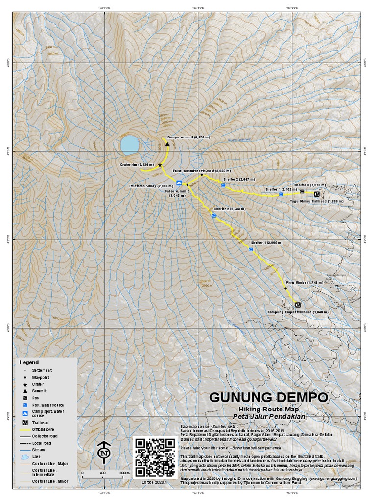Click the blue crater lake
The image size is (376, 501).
pyautogui.click(x=130, y=145)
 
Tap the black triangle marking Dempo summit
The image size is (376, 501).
pyautogui.click(x=167, y=144)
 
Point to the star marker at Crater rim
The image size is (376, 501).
pyautogui.click(x=160, y=165)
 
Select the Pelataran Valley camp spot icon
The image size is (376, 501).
pyautogui.click(x=179, y=183)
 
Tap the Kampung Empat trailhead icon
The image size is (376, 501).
pyautogui.click(x=298, y=305)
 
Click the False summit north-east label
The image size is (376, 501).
pyautogui.click(x=196, y=170)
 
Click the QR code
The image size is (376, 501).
pyautogui.click(x=154, y=456)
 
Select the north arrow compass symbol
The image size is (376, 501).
pyautogui.click(x=103, y=453)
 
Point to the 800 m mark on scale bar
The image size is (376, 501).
pyautogui.click(x=124, y=473)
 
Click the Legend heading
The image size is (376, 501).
pyautogui.click(x=28, y=362)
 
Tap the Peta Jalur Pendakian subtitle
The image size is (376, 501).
pyautogui.click(x=269, y=417)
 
